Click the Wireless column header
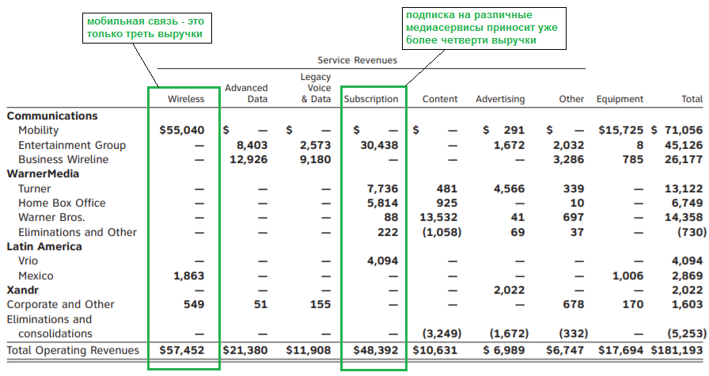(x=186, y=99)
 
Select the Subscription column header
(x=371, y=99)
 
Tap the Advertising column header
(x=500, y=99)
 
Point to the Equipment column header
(x=620, y=99)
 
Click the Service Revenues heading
(x=357, y=60)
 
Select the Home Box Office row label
(x=62, y=203)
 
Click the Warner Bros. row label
(x=51, y=217)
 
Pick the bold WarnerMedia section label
(x=43, y=173)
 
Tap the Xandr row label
(x=23, y=290)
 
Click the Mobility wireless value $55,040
(x=182, y=131)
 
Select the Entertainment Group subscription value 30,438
(x=379, y=145)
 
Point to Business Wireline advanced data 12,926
(x=248, y=160)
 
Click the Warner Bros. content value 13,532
(x=438, y=217)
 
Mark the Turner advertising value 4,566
(x=509, y=188)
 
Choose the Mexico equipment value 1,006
(x=627, y=275)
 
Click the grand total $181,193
(x=677, y=350)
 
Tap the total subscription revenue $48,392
(x=376, y=350)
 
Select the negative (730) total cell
(x=692, y=232)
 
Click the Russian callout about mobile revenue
(x=147, y=28)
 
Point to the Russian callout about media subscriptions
(x=483, y=28)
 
